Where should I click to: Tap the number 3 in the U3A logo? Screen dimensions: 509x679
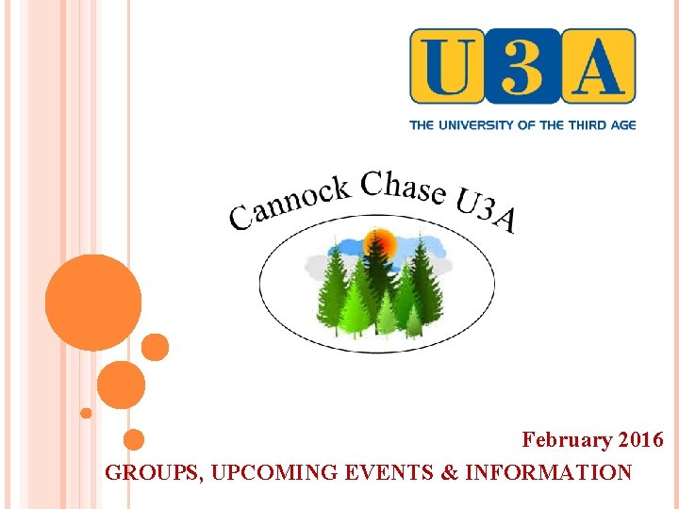(522, 66)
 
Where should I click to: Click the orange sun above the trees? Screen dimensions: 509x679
(380, 245)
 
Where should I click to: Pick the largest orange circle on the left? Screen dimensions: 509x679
(92, 303)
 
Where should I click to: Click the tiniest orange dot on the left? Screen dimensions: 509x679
(86, 413)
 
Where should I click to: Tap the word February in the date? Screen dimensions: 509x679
(568, 440)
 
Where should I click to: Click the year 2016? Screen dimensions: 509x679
(641, 440)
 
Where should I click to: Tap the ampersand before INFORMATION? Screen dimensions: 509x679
(450, 472)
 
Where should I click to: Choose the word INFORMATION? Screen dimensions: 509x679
(549, 472)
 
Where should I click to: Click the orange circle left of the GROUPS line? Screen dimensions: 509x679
(134, 439)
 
